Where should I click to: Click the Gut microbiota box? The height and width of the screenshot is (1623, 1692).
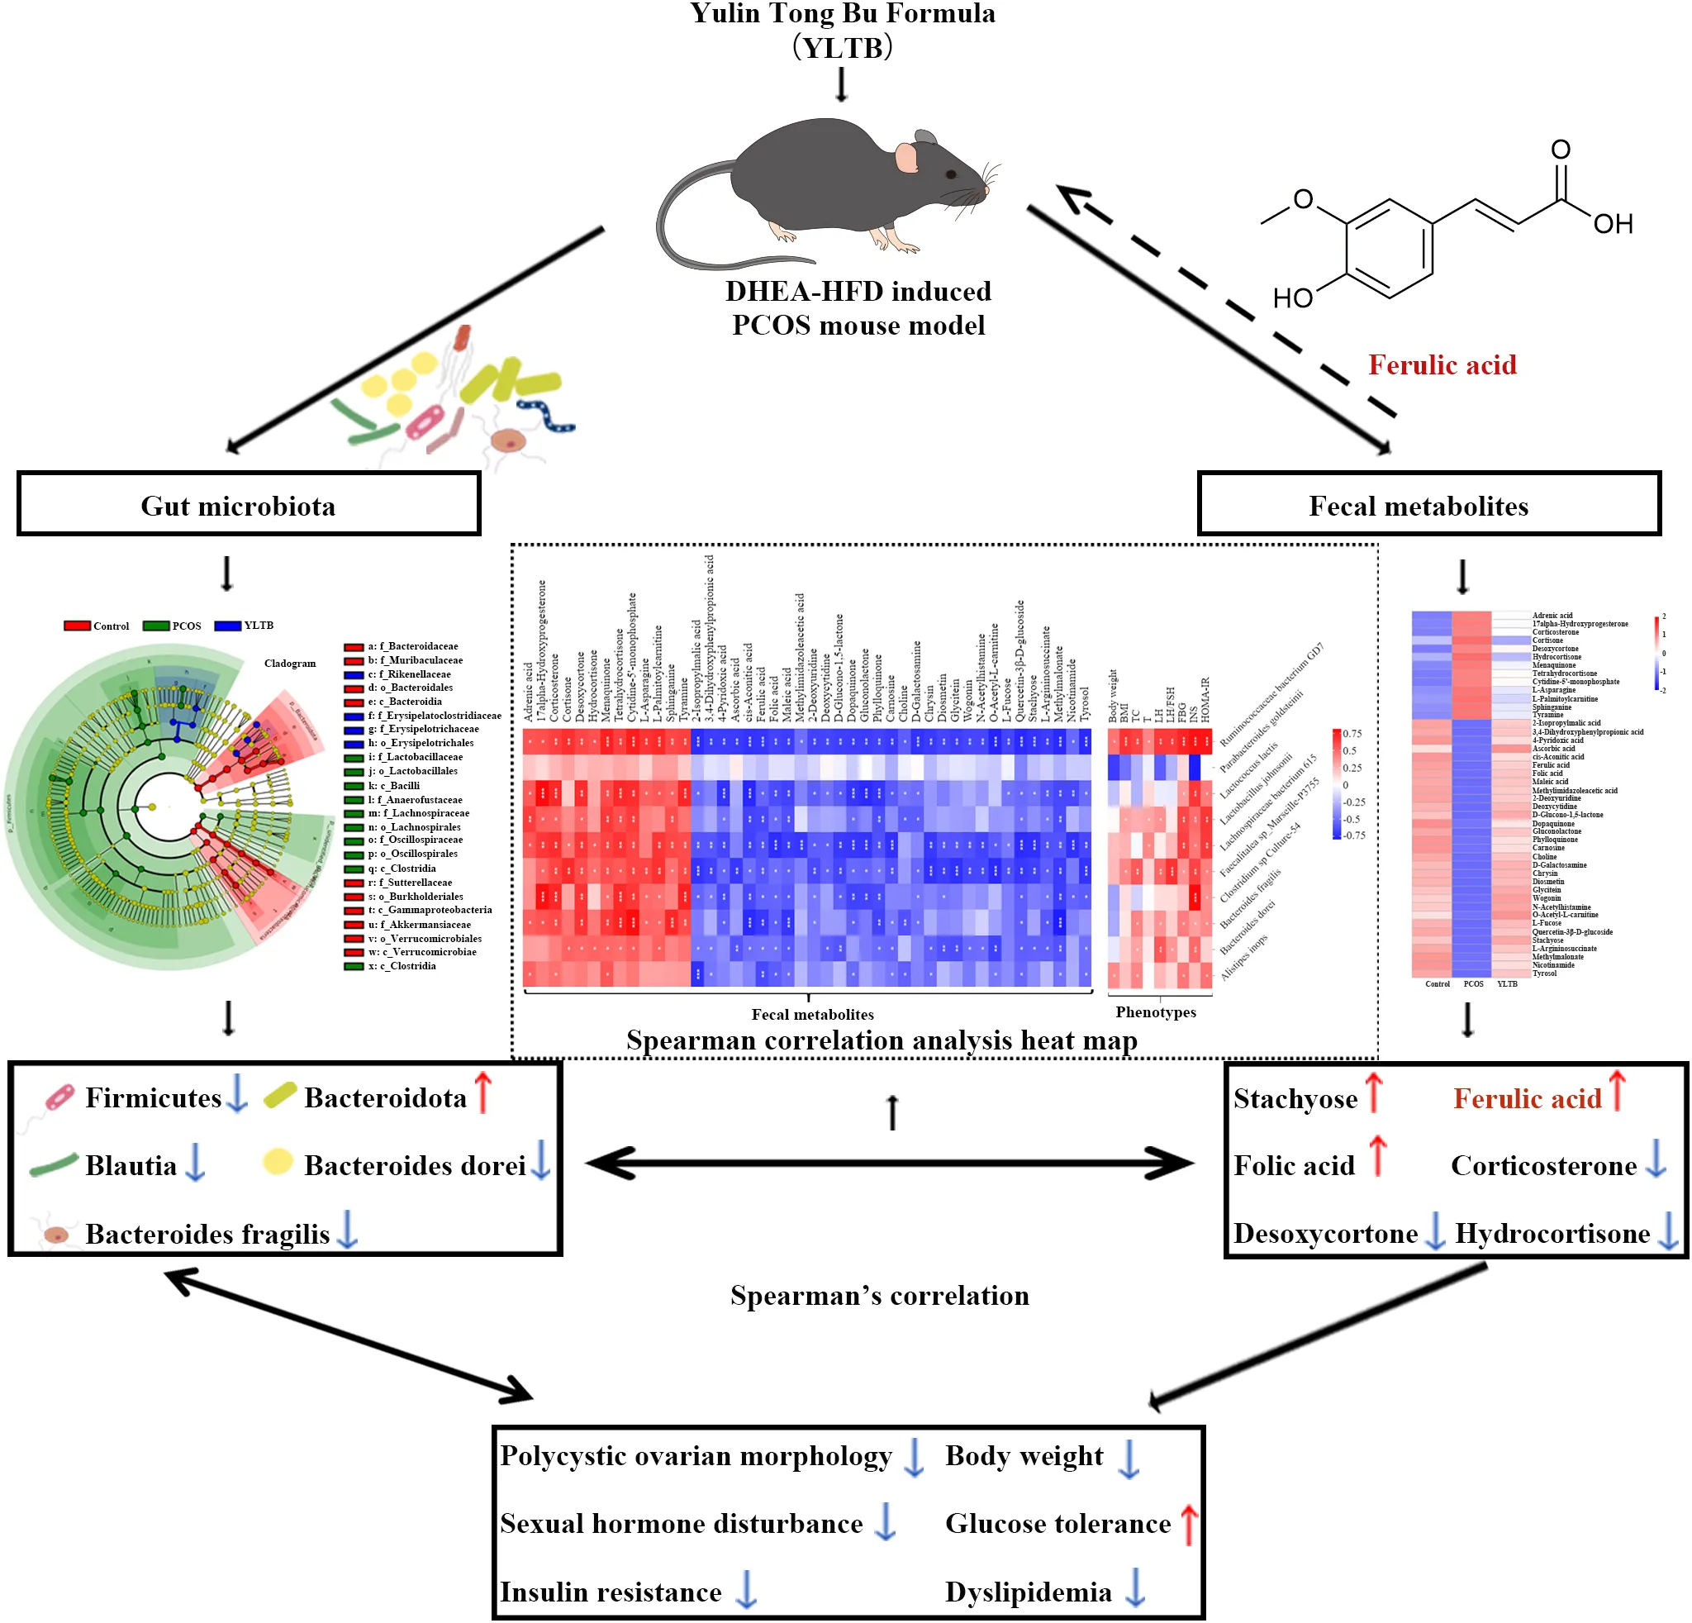[x=248, y=505]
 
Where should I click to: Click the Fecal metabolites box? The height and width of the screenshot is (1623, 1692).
[x=1428, y=505]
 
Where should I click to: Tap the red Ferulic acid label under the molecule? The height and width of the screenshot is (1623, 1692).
[x=1442, y=365]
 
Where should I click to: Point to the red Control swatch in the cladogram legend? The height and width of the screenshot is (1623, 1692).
[x=77, y=625]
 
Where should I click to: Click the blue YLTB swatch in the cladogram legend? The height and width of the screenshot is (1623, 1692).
[x=228, y=625]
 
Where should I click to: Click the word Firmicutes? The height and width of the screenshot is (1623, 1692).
[x=153, y=1097]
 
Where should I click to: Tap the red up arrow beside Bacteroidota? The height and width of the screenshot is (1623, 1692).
[x=483, y=1092]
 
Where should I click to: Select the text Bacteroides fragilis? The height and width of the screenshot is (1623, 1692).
[x=207, y=1234]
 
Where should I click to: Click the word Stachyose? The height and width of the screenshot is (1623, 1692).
[x=1295, y=1098]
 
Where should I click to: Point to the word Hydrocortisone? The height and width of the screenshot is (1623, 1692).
[x=1552, y=1233]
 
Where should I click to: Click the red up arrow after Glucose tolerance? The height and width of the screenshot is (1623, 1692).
[x=1189, y=1525]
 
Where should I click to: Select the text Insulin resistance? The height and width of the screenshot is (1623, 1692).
[x=611, y=1591]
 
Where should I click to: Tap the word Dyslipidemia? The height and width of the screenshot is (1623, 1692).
[x=1028, y=1591]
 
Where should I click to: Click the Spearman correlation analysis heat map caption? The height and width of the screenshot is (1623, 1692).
[x=882, y=1040]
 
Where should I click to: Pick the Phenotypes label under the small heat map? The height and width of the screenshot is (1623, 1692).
[x=1155, y=1011]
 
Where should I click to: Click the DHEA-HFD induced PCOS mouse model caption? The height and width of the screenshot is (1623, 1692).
[x=858, y=308]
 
